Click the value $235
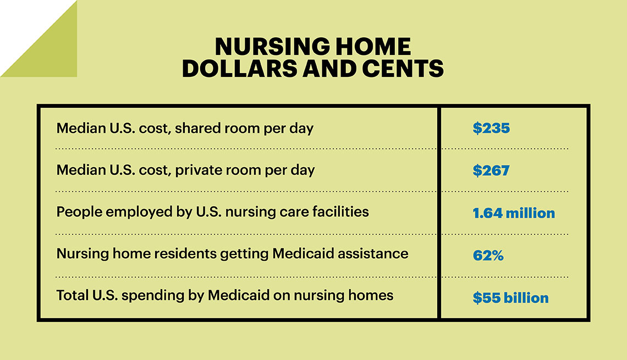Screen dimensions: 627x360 point(491,128)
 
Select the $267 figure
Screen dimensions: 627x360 point(491,170)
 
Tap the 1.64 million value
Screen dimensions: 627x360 point(514,213)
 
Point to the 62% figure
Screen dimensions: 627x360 point(488,256)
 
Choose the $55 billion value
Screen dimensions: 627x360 point(510,298)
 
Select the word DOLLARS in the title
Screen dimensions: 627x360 point(239,68)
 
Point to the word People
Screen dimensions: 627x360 point(79,212)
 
